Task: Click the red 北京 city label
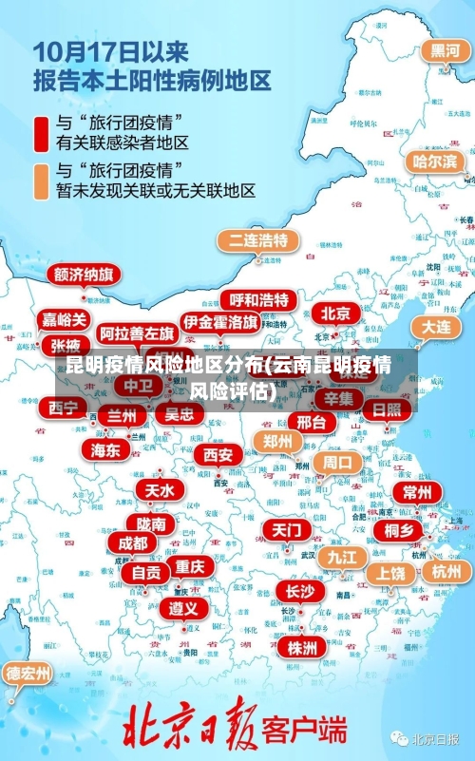pos(335,313)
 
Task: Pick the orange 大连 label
pos(437,326)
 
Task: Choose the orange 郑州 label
pos(278,441)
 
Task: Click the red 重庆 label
pos(190,565)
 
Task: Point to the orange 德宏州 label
pos(28,674)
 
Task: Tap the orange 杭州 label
pos(446,571)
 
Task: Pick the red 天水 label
pos(159,490)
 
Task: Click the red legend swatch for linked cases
pos(41,133)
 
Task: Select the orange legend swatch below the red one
pos(41,181)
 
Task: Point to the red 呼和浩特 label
pos(258,300)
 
